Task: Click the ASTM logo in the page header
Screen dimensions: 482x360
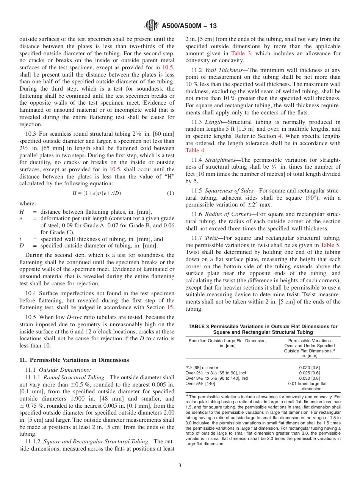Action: (x=152, y=26)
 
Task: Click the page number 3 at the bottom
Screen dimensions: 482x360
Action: (x=180, y=465)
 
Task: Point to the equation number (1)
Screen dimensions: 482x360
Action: (x=170, y=193)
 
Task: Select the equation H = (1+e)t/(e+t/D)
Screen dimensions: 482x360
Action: (x=97, y=193)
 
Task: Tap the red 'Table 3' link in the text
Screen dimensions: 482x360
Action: (x=241, y=53)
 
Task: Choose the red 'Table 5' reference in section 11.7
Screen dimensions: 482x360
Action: (x=330, y=245)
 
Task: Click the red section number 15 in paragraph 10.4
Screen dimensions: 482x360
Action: (x=171, y=307)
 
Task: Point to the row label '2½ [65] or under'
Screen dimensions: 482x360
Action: (x=202, y=368)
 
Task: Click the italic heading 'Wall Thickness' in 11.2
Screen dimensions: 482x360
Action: (x=223, y=70)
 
